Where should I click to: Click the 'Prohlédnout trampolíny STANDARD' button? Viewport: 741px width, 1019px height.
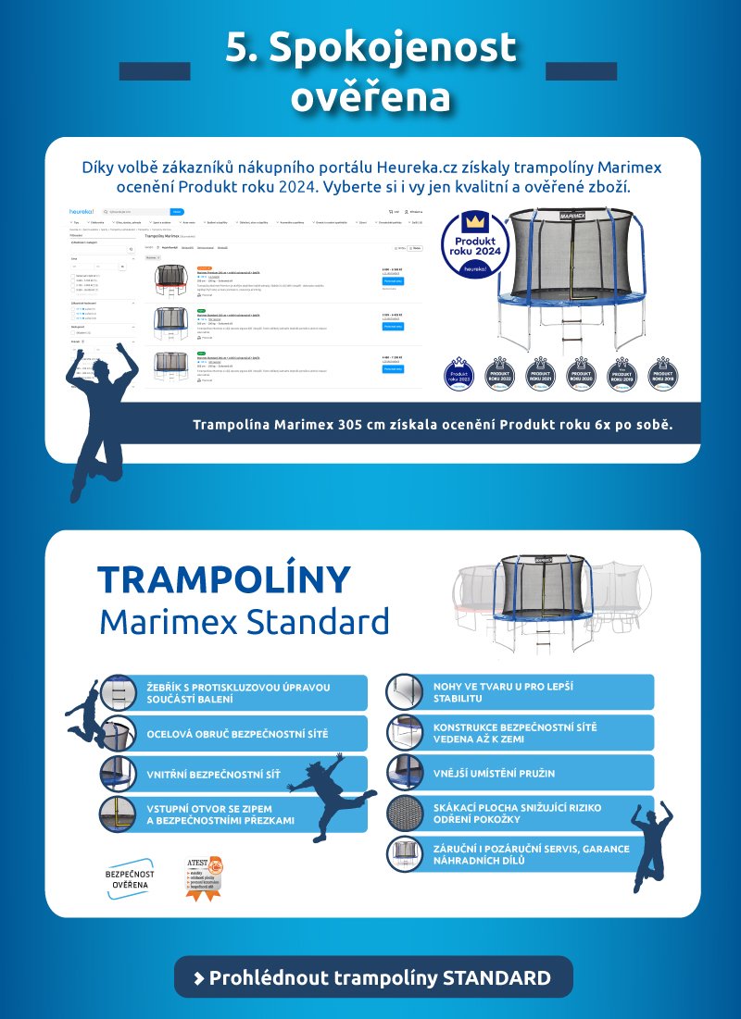[373, 977]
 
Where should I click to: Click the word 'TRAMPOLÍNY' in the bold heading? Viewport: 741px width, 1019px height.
[225, 580]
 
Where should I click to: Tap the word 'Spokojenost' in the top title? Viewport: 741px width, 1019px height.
[370, 48]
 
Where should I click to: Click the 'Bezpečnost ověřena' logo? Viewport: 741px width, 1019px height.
[130, 879]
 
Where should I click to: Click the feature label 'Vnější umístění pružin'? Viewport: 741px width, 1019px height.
[495, 773]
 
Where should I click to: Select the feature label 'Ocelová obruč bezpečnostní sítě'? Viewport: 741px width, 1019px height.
[237, 734]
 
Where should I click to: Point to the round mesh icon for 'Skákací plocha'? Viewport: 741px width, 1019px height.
[405, 813]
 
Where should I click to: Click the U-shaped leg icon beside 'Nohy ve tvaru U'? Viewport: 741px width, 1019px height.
[405, 692]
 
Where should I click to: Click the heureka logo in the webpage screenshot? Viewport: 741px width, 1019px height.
[82, 212]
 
